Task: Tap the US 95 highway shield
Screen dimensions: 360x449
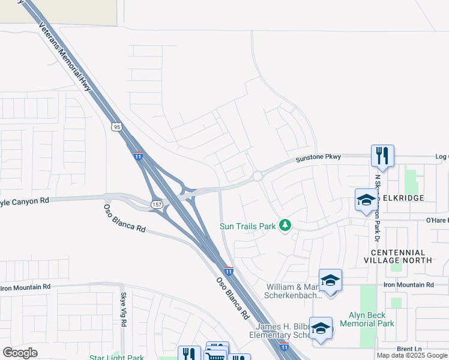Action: tap(116, 127)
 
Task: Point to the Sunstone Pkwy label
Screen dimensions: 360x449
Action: tap(318, 157)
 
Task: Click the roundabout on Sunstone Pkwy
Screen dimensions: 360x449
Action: tap(258, 176)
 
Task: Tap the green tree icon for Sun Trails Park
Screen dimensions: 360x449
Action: tap(286, 226)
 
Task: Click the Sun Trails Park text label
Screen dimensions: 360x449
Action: tap(247, 226)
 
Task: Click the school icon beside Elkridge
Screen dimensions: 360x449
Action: tap(366, 200)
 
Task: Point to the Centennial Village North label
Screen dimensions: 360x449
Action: tap(397, 256)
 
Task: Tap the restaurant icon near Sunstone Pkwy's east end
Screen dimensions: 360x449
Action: tap(382, 156)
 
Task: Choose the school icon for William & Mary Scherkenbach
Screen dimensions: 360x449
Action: tap(330, 280)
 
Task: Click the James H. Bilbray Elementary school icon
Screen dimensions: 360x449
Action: tap(321, 328)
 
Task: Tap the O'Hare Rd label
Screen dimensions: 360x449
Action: tap(437, 220)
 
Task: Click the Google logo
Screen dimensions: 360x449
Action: tap(20, 353)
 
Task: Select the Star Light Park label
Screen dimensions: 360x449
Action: tap(116, 358)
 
